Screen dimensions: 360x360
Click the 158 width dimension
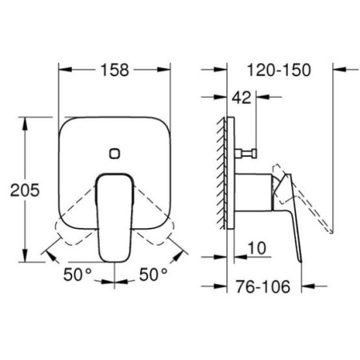[114, 70]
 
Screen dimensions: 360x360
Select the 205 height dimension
[25, 190]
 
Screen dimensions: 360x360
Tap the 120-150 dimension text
[279, 70]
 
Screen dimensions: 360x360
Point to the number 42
[242, 98]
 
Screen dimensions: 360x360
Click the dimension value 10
[257, 248]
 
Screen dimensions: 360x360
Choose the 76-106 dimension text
[262, 286]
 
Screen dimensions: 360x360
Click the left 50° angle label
[78, 274]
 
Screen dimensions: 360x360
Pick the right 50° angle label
[154, 274]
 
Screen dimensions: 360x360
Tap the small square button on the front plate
[114, 154]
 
